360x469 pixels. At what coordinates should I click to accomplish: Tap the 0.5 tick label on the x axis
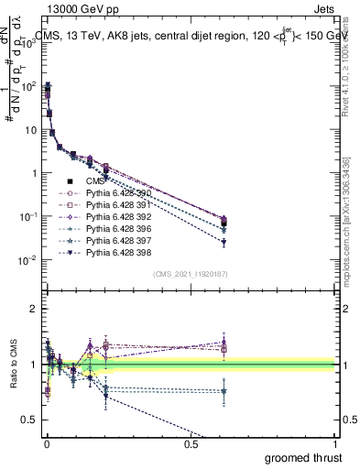click(x=191, y=443)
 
